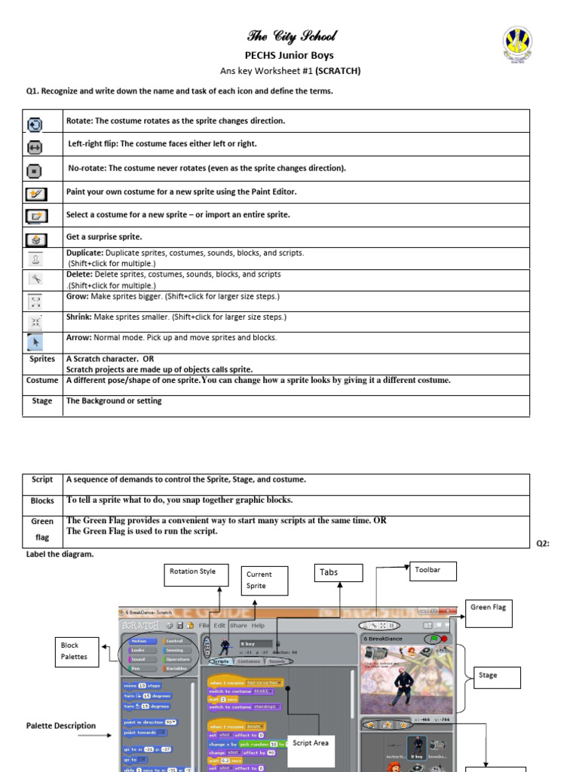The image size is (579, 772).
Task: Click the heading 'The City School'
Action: coord(292,36)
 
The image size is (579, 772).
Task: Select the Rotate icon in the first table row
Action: coord(35,122)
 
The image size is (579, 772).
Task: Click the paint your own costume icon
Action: coord(35,194)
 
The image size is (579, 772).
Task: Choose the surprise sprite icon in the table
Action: coord(35,238)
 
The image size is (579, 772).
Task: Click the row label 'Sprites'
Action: coord(42,360)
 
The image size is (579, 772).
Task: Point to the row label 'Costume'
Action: coord(42,381)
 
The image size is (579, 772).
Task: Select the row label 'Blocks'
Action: coord(42,501)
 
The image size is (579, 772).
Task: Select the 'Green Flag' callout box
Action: coord(489,612)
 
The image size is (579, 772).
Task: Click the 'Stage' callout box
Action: coord(496,676)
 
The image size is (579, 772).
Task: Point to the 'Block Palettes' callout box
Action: coord(80,651)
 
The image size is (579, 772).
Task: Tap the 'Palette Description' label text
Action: coord(61,726)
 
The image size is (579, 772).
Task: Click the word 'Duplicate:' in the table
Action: coord(84,253)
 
